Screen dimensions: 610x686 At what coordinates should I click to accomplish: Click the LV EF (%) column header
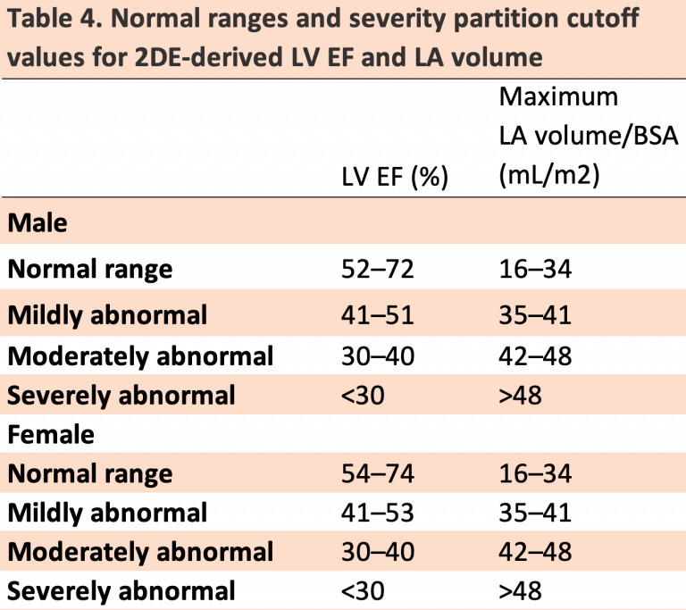[394, 177]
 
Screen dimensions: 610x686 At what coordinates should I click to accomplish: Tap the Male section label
[38, 222]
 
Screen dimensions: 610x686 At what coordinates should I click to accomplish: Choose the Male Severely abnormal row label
[121, 395]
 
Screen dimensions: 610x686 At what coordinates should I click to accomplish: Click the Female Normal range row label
[90, 473]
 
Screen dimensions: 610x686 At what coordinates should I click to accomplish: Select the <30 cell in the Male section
[364, 395]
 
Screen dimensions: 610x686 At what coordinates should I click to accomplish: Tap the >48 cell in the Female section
[521, 590]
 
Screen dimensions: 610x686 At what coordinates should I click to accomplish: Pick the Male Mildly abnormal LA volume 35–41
[534, 314]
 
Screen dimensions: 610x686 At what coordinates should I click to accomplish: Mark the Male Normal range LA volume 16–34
[534, 269]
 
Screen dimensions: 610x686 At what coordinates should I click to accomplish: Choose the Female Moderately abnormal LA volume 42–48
[534, 551]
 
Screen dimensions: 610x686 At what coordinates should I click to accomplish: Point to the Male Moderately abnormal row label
[140, 355]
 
